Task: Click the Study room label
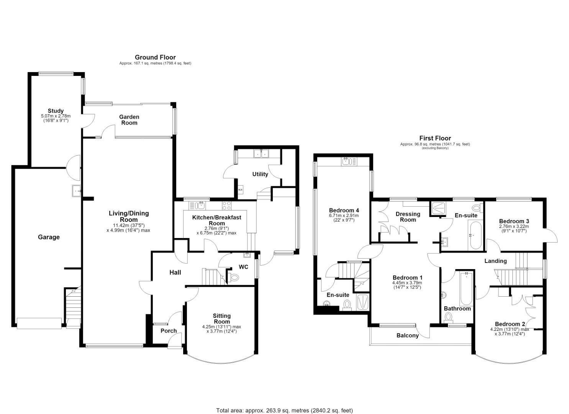(x=56, y=111)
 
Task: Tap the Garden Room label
(x=129, y=120)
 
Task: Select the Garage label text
(x=49, y=237)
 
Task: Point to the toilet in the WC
(x=233, y=277)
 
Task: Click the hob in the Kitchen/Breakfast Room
(x=226, y=205)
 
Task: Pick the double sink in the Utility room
(x=261, y=153)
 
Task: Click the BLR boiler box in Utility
(x=240, y=190)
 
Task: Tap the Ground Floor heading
(x=155, y=57)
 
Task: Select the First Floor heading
(x=435, y=138)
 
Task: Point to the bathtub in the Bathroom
(x=466, y=289)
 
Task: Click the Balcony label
(x=407, y=335)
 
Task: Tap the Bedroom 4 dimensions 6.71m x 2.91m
(x=344, y=215)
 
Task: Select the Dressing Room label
(x=408, y=217)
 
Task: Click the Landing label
(x=495, y=261)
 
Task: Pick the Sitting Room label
(x=222, y=319)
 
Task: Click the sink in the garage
(x=77, y=191)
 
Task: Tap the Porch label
(x=169, y=331)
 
